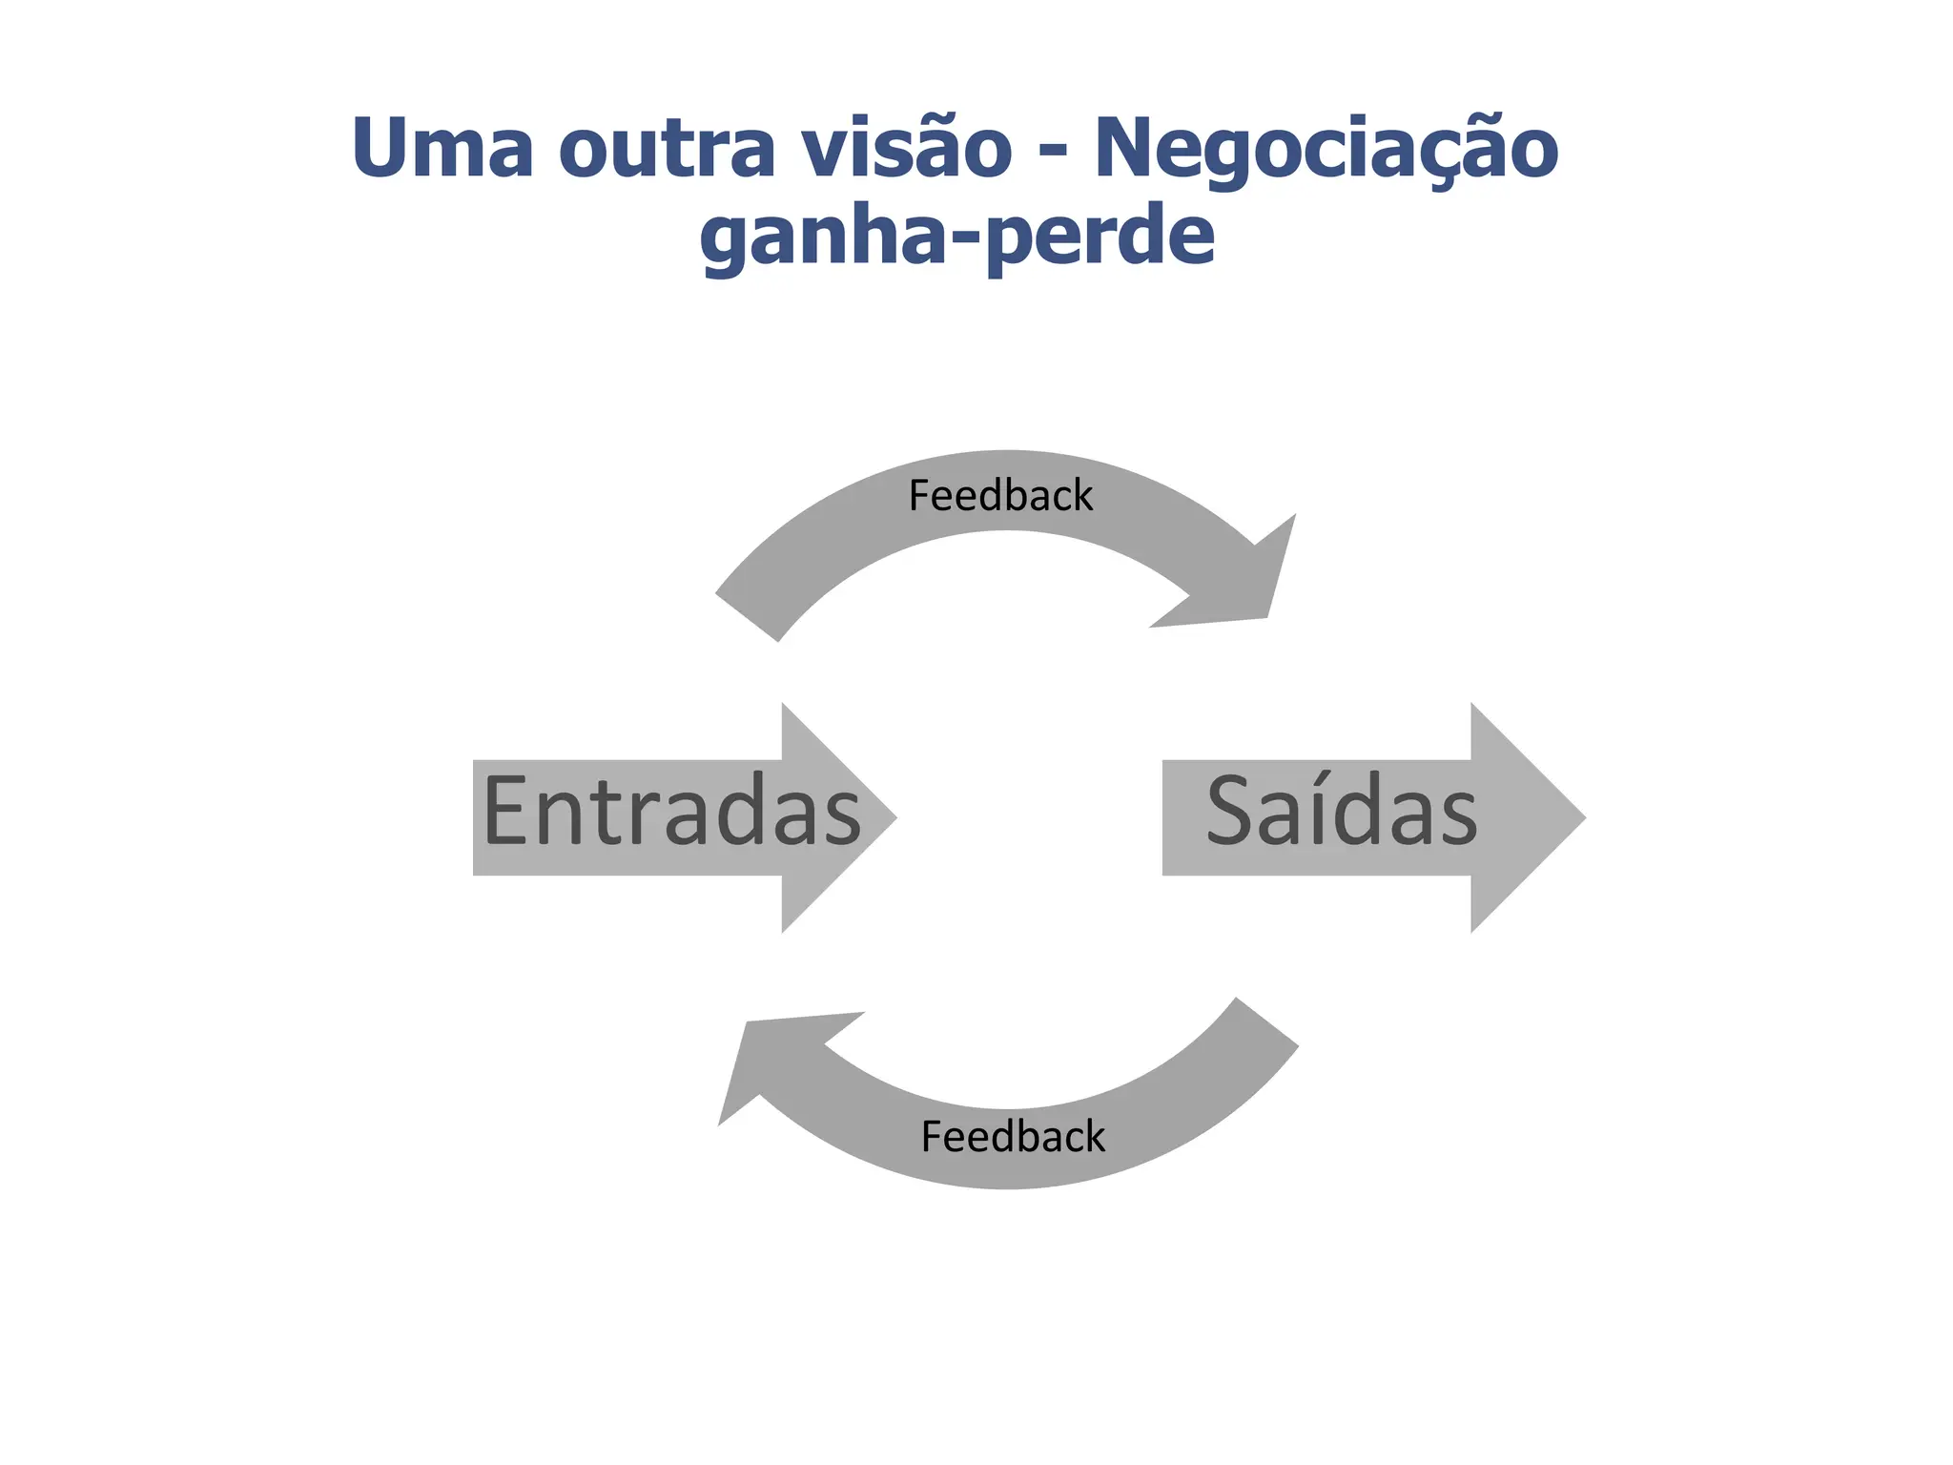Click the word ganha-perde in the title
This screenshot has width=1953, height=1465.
(x=956, y=237)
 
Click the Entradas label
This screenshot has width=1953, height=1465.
(x=671, y=812)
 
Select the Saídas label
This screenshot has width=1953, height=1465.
(x=1341, y=812)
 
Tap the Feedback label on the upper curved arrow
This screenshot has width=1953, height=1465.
(x=1000, y=496)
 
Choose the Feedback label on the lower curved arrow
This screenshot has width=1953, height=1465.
(x=1013, y=1137)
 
